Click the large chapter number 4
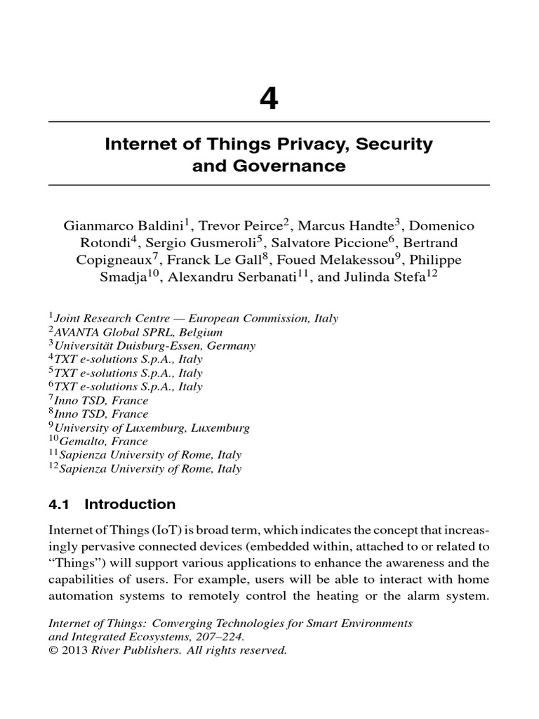(269, 100)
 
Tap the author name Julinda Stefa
(397, 277)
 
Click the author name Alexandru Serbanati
(241, 277)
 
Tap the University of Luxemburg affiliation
(152, 428)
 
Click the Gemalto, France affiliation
(101, 442)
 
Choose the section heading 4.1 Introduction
(112, 504)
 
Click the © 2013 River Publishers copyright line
(167, 650)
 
